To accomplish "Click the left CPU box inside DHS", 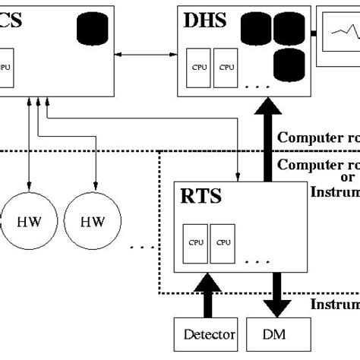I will point(200,66).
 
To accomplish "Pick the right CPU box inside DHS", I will point(226,66).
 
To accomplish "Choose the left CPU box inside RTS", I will point(196,242).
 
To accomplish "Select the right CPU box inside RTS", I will point(222,242).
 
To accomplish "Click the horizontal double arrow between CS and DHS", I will point(147,55).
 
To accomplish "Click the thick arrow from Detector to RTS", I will point(206,296).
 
